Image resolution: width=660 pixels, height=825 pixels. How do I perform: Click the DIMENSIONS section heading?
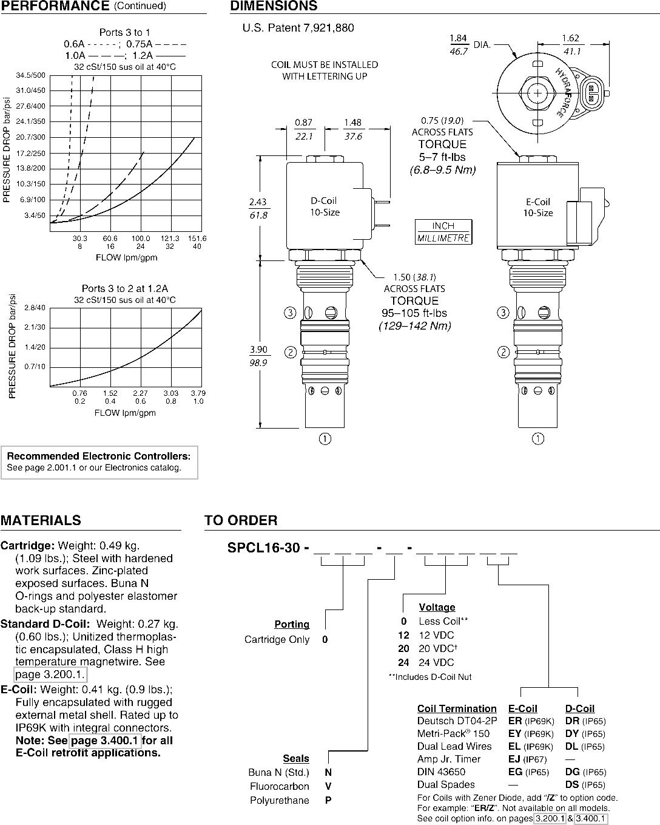274,5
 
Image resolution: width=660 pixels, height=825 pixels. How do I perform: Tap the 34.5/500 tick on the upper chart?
30,75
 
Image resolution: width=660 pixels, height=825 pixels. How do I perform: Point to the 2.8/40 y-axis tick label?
35,307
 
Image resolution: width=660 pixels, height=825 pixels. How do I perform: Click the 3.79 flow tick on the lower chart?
198,393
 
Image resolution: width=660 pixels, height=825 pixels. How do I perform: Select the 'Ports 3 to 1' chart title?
125,32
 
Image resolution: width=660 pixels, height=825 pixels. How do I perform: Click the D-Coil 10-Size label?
325,206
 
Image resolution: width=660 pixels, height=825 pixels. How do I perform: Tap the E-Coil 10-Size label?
538,208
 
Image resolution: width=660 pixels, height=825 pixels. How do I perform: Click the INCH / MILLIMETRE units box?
443,232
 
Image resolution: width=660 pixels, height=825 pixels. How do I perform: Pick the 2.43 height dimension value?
258,202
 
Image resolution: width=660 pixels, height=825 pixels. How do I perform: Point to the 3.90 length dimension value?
258,349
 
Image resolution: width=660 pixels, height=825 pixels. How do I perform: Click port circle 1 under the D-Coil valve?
325,438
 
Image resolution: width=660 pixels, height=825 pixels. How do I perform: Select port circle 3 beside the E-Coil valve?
503,313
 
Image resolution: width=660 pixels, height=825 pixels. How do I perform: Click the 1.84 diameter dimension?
458,38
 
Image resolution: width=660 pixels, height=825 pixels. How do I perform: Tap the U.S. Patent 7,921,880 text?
298,28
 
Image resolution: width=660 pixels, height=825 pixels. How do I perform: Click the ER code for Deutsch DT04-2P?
515,721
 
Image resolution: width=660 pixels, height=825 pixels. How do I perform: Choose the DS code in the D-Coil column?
572,784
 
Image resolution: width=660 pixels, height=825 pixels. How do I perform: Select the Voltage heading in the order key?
437,607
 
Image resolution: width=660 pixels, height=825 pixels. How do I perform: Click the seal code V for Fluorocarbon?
328,786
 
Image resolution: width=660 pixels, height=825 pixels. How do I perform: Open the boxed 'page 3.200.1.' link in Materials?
50,674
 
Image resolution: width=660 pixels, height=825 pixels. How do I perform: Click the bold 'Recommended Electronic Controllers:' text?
98,456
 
